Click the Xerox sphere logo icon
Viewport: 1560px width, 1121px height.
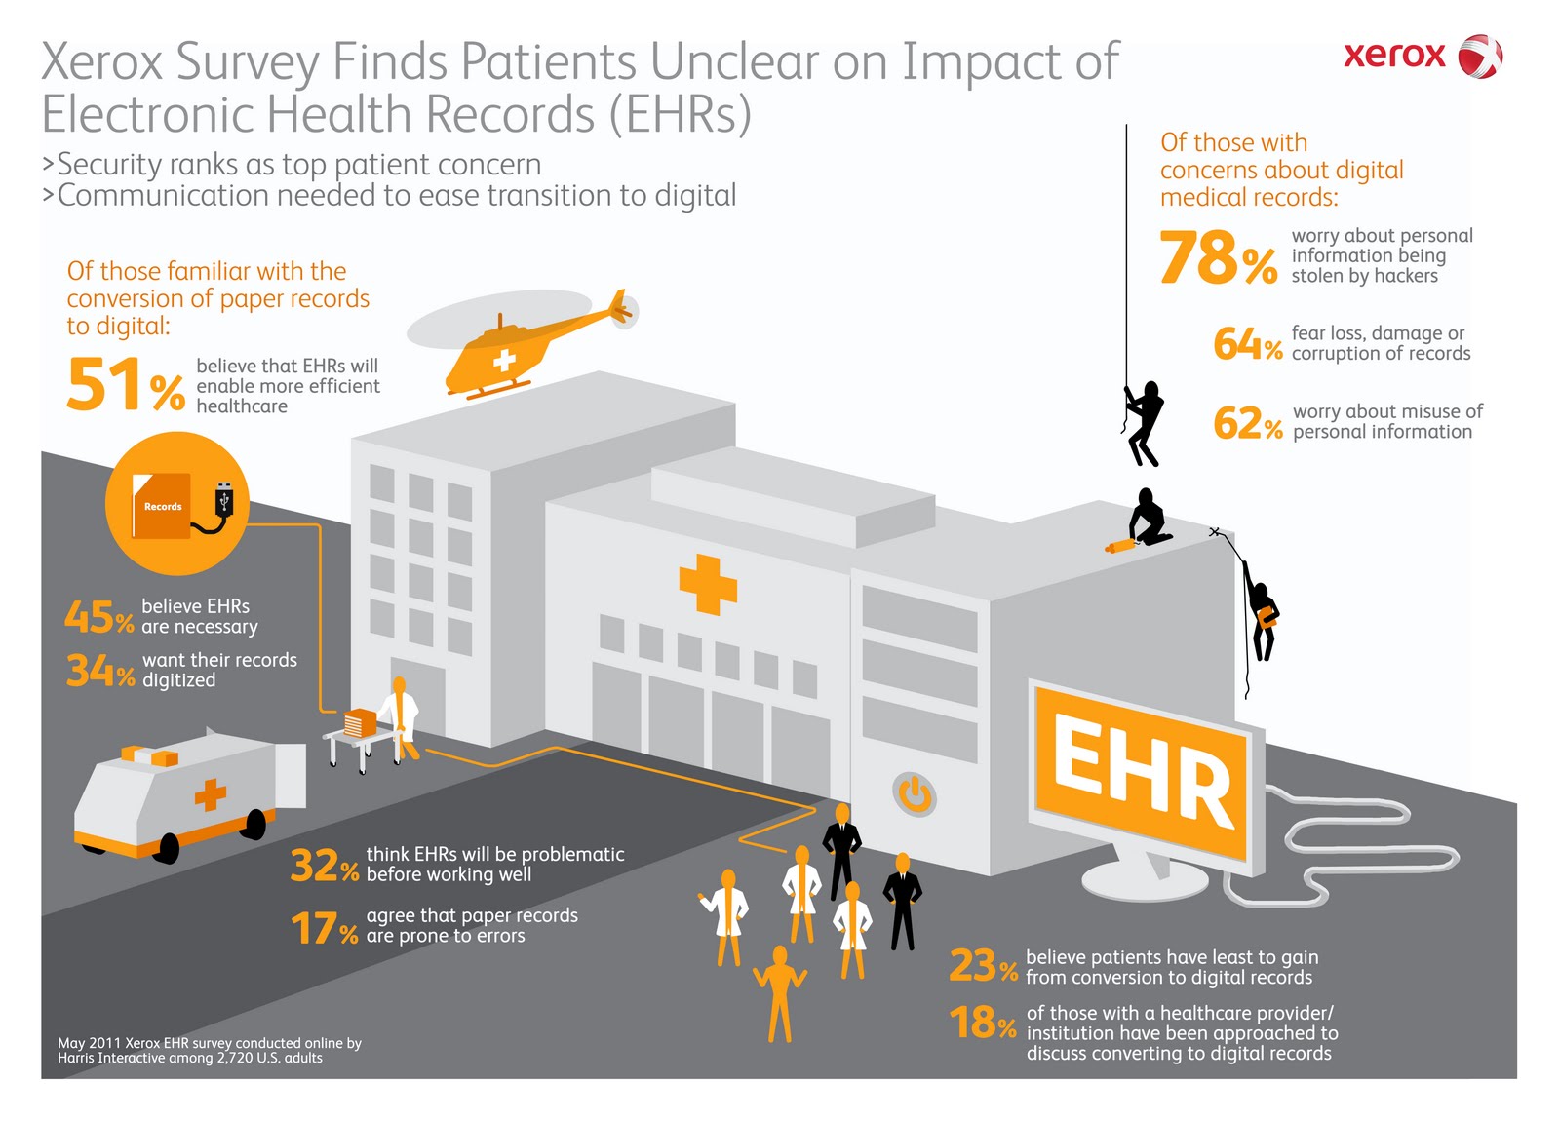coord(1479,57)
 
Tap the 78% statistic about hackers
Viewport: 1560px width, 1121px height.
coord(1218,258)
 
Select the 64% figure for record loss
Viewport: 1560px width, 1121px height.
coord(1247,344)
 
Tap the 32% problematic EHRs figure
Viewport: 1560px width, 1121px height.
coord(325,866)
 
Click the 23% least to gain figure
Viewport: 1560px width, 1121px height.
coord(983,966)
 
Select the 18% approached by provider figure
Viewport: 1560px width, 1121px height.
coord(983,1023)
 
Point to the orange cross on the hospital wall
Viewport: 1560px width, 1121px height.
coord(708,584)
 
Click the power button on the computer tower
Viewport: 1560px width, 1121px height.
coord(915,793)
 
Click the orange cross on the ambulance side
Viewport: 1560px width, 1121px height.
coord(210,794)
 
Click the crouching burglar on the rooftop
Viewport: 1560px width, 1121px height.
coord(1150,518)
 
